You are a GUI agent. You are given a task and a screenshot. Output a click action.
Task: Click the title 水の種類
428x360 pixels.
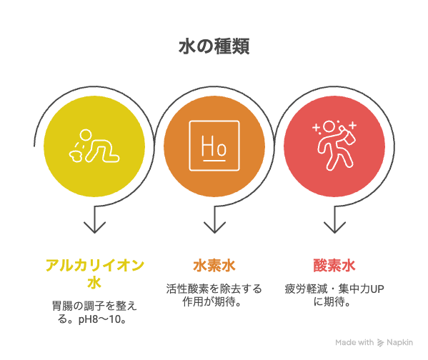[214, 46]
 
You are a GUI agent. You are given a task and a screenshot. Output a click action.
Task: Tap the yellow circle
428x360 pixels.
[94, 146]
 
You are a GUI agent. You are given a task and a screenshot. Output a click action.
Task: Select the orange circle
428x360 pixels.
[214, 146]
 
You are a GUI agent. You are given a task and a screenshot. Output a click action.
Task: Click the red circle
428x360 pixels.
[334, 146]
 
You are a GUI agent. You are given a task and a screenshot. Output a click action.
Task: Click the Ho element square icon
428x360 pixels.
[214, 146]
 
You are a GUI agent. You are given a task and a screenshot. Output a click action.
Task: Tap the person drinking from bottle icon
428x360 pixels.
[334, 145]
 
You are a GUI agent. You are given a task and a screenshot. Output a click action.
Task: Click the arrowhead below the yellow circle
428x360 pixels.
[94, 228]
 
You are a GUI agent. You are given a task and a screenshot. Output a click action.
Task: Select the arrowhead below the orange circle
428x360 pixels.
[214, 228]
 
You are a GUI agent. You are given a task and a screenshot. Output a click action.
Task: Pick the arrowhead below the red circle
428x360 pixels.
[334, 228]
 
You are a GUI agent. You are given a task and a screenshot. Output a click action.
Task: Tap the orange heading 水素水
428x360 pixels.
[214, 266]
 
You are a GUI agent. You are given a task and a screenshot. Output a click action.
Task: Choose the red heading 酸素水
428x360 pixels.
[334, 266]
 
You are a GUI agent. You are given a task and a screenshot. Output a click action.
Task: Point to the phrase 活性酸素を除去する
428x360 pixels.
[214, 289]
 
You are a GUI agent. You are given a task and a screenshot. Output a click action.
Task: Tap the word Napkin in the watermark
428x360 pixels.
[399, 343]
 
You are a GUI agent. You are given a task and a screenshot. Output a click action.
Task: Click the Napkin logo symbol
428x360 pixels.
[381, 343]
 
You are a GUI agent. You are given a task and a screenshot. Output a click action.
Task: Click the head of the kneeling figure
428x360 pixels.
[86, 135]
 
